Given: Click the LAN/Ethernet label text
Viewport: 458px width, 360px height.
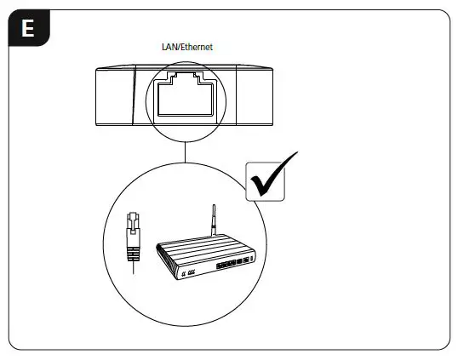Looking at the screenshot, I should (x=186, y=49).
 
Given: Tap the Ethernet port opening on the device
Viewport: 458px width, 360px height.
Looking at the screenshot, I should (x=186, y=96).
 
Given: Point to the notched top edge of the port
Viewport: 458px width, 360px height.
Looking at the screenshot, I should (x=186, y=78).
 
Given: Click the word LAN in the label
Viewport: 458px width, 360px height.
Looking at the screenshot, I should (x=169, y=49).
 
